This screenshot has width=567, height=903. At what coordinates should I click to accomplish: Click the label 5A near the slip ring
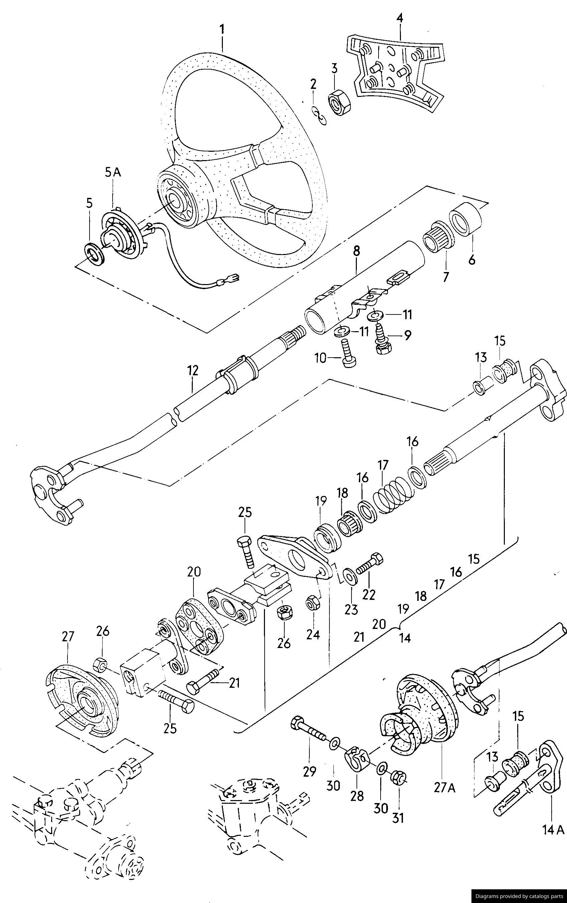[x=113, y=173]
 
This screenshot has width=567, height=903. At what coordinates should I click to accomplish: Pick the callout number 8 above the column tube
[x=356, y=252]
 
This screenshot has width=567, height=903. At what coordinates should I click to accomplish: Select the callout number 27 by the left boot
[x=67, y=637]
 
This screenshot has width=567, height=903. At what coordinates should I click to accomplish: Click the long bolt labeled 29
[x=309, y=730]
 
